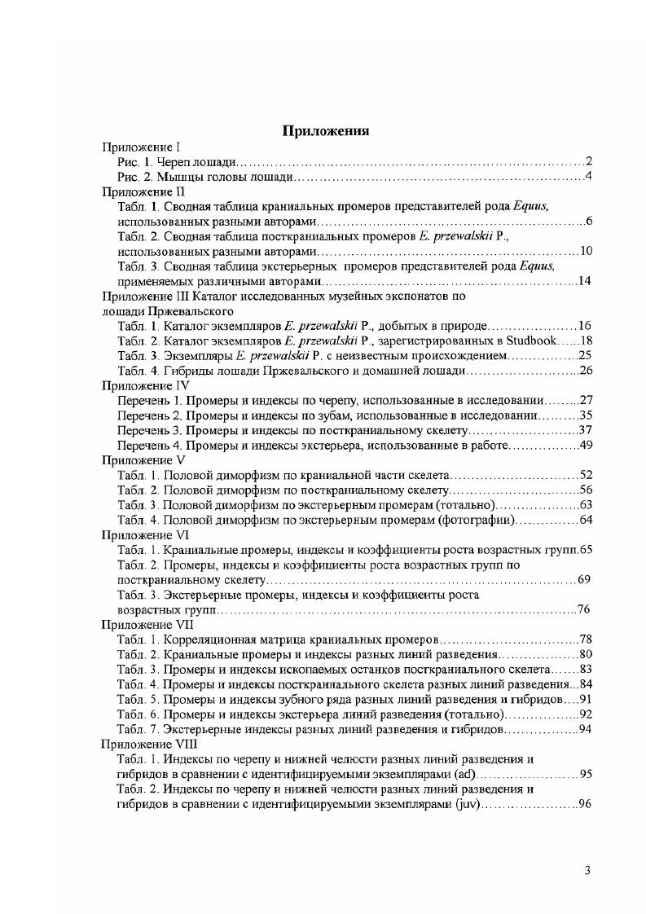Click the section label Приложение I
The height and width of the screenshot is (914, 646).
[140, 147]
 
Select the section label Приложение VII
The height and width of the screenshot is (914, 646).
[147, 624]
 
